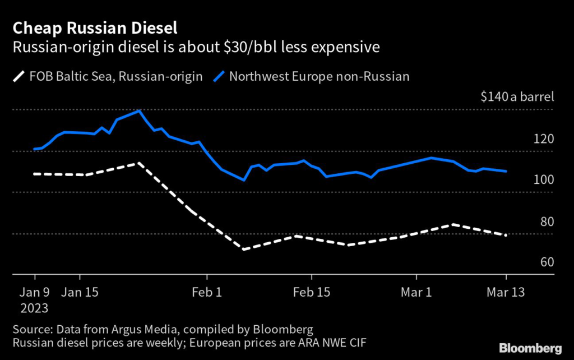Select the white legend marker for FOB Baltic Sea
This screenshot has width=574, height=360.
(x=20, y=76)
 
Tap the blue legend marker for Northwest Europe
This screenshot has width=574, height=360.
(x=220, y=76)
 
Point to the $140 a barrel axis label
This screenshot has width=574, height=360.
(x=517, y=96)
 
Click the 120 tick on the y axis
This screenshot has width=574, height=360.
(x=543, y=139)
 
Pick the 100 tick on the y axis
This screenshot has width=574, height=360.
(x=543, y=180)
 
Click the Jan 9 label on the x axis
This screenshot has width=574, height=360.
(x=35, y=292)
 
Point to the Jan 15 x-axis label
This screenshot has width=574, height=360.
(x=80, y=292)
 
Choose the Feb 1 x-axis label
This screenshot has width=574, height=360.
(x=207, y=292)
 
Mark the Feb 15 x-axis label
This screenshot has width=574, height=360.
(x=311, y=292)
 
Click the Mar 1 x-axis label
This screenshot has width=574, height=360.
(x=416, y=292)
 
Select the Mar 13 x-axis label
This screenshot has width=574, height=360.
(x=506, y=292)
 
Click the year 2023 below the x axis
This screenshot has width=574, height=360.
(x=35, y=308)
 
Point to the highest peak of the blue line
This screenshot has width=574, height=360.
(x=139, y=111)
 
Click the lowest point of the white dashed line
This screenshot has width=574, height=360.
(x=244, y=248)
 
